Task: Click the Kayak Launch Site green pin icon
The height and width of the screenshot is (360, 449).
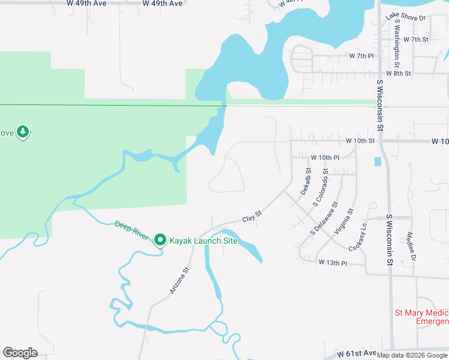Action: point(160,240)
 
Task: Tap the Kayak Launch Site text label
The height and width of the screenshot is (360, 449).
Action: point(203,241)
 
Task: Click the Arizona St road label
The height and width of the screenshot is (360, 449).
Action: point(179,280)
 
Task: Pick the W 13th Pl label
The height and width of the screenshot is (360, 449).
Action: point(333,263)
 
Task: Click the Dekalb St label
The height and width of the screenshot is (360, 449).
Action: point(306,181)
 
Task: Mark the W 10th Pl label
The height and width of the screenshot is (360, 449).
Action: point(325,157)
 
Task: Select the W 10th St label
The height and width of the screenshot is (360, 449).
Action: point(360,140)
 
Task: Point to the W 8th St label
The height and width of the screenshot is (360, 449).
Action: point(398,73)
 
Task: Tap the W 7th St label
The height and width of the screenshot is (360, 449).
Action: point(416,40)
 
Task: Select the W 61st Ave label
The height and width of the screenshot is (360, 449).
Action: point(356,354)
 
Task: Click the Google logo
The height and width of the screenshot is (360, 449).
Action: point(20,353)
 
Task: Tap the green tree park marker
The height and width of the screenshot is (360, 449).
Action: point(23,131)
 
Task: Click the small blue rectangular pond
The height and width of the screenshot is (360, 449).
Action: point(378,161)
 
